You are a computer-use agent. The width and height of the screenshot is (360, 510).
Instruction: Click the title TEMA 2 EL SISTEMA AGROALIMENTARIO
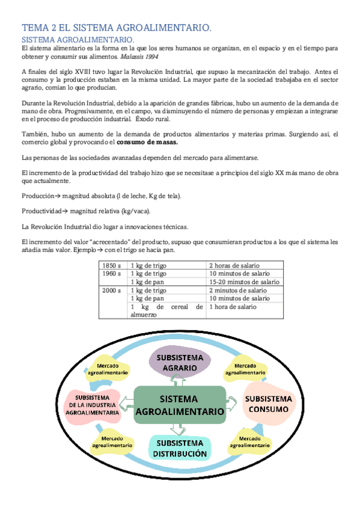tap(117, 28)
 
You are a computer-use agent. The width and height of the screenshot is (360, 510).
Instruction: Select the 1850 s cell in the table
tap(112, 265)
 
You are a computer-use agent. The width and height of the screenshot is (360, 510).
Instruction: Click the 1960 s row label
tap(112, 273)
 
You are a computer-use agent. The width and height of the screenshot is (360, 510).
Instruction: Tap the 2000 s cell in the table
tap(112, 290)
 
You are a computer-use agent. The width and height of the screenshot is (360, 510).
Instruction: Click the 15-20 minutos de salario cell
tap(243, 281)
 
